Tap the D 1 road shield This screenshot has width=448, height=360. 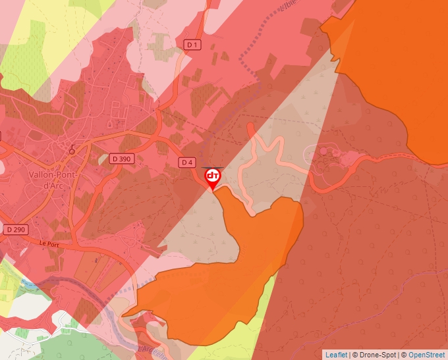(x=192, y=44)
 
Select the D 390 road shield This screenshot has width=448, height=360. (x=121, y=159)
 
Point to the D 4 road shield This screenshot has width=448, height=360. (x=187, y=162)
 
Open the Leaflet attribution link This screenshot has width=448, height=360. (x=336, y=355)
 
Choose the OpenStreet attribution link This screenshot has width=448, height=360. (x=427, y=355)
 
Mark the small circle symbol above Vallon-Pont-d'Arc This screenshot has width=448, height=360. (x=72, y=150)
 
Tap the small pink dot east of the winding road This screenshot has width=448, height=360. (x=323, y=151)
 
